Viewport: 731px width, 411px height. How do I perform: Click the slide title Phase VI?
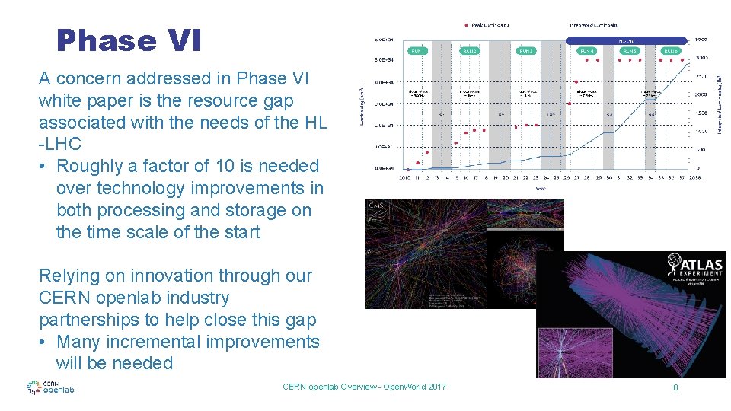129,41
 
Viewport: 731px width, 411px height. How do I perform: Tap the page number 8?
675,387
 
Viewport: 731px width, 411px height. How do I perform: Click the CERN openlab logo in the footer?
50,387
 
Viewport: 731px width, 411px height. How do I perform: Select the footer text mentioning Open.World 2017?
364,387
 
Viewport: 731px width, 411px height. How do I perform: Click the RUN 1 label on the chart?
417,51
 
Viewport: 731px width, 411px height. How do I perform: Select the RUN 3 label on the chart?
525,51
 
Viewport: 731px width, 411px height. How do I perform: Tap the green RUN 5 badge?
630,51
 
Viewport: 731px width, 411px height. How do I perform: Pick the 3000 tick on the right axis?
701,39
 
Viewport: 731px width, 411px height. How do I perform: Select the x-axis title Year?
539,186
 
